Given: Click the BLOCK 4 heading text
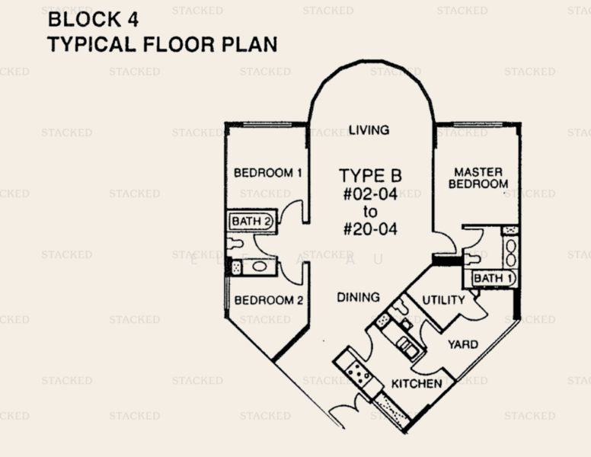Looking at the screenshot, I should coord(94,19).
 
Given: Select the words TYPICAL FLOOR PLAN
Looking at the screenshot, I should coord(161,44).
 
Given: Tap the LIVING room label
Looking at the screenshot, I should coord(369,129).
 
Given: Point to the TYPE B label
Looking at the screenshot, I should coord(370,176).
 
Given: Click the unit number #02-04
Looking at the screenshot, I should coord(370,194).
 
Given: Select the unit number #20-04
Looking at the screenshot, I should coord(370,228).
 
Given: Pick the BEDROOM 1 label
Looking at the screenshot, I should coord(267,173).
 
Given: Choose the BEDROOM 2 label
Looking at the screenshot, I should coord(268,300).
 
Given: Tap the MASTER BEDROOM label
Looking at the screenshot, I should coord(478,178).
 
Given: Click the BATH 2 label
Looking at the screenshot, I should coord(251,222).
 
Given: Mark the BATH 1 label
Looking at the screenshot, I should coord(492,279).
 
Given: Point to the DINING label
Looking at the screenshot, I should coord(358,297).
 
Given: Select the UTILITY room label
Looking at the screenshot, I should coord(443,300).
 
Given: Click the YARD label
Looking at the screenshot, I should coord(463,344).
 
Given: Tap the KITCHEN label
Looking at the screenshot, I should coord(417,383).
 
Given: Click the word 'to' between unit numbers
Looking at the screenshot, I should coord(370,211).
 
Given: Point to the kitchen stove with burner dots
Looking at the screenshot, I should coord(357,374).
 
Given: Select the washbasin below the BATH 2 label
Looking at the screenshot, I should coord(259,267).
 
